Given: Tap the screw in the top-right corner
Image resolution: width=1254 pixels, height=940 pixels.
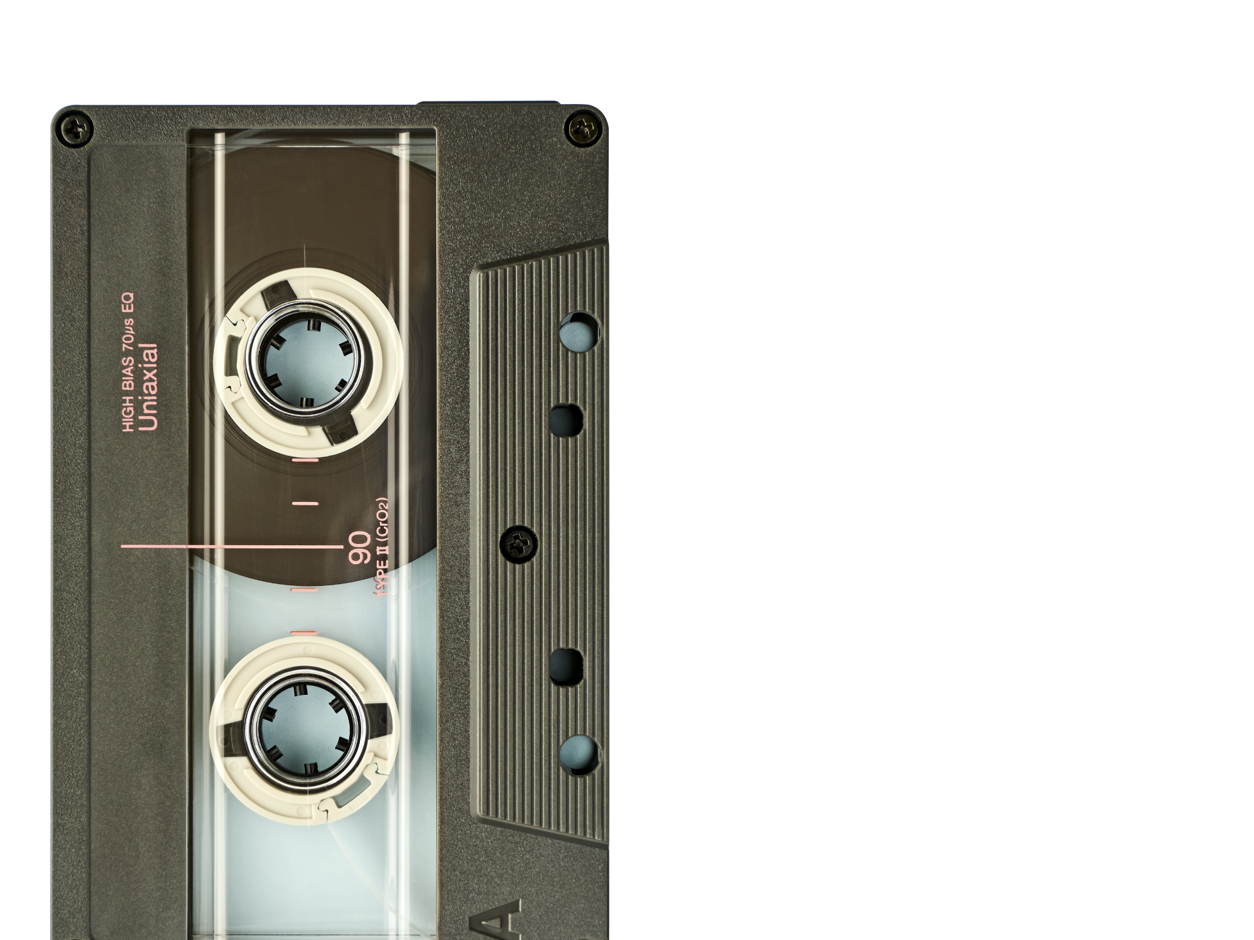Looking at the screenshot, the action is [584, 129].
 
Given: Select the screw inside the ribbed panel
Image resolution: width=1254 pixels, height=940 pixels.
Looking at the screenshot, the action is [519, 544].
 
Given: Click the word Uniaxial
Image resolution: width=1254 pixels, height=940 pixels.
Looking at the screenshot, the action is [149, 387].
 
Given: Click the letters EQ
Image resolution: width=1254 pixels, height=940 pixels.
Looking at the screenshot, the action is [127, 302].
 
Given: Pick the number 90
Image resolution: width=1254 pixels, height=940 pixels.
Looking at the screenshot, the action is [360, 547].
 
